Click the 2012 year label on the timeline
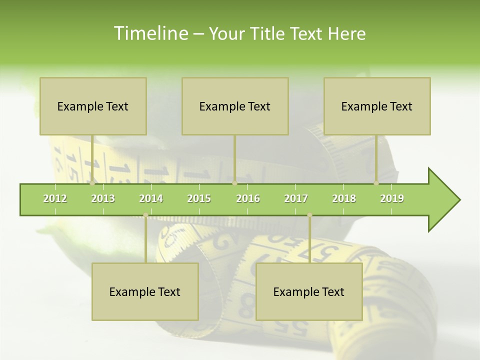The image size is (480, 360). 55,198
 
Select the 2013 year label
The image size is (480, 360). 103,198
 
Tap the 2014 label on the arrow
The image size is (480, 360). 151,198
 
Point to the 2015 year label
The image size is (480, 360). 199,198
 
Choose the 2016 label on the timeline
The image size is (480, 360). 248,198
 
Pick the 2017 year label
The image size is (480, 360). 296,198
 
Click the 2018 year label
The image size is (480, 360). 344,198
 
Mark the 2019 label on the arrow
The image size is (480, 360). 392,198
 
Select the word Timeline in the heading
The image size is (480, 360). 150,33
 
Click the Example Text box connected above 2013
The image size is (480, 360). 93,106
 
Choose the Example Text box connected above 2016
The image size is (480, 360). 235,106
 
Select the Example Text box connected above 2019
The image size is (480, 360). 377,106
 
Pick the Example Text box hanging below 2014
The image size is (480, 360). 145,291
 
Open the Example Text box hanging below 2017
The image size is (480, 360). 309,291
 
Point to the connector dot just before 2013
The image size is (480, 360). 92,183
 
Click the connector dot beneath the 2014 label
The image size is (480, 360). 145,215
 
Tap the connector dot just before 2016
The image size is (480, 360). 234,183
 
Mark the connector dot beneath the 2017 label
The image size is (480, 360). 309,215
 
